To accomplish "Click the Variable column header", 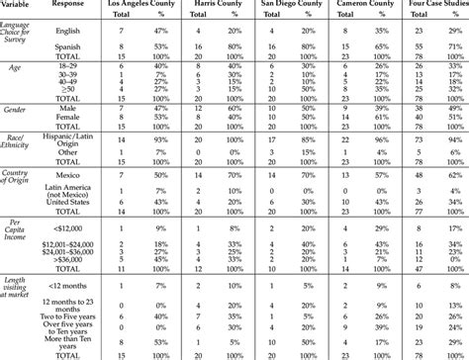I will point(19,5).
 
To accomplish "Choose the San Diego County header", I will point(293,5).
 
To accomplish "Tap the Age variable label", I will point(14,69).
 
